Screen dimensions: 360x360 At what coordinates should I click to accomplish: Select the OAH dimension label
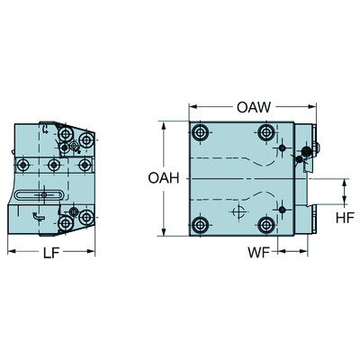(x=161, y=178)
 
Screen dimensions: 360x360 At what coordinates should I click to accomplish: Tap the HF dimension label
(x=344, y=218)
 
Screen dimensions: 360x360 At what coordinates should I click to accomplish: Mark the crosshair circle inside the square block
(x=238, y=212)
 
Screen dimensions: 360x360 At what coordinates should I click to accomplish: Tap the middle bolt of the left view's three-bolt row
(x=55, y=165)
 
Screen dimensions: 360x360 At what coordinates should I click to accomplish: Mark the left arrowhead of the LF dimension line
(x=9, y=252)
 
